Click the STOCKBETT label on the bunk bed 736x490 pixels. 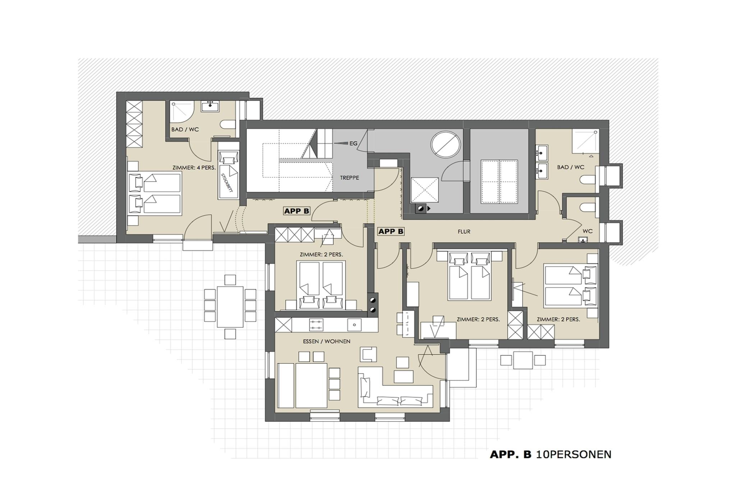click(x=227, y=183)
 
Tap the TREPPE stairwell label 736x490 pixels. click(x=349, y=178)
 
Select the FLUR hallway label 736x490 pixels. click(x=464, y=232)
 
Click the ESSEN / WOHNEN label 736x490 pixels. click(x=326, y=341)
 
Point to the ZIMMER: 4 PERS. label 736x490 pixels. click(x=194, y=168)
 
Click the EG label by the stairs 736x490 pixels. click(x=353, y=144)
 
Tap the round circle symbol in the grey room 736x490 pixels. click(x=446, y=144)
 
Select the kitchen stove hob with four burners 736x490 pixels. click(x=316, y=325)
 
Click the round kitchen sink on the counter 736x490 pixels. click(x=354, y=325)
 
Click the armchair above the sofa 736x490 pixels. click(x=368, y=354)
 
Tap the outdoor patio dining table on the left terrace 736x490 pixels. click(x=230, y=307)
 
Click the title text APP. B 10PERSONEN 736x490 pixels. click(x=550, y=454)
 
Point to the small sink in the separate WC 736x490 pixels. click(x=584, y=239)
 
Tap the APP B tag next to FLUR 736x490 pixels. click(x=391, y=232)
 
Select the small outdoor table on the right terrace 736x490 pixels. click(x=523, y=360)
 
